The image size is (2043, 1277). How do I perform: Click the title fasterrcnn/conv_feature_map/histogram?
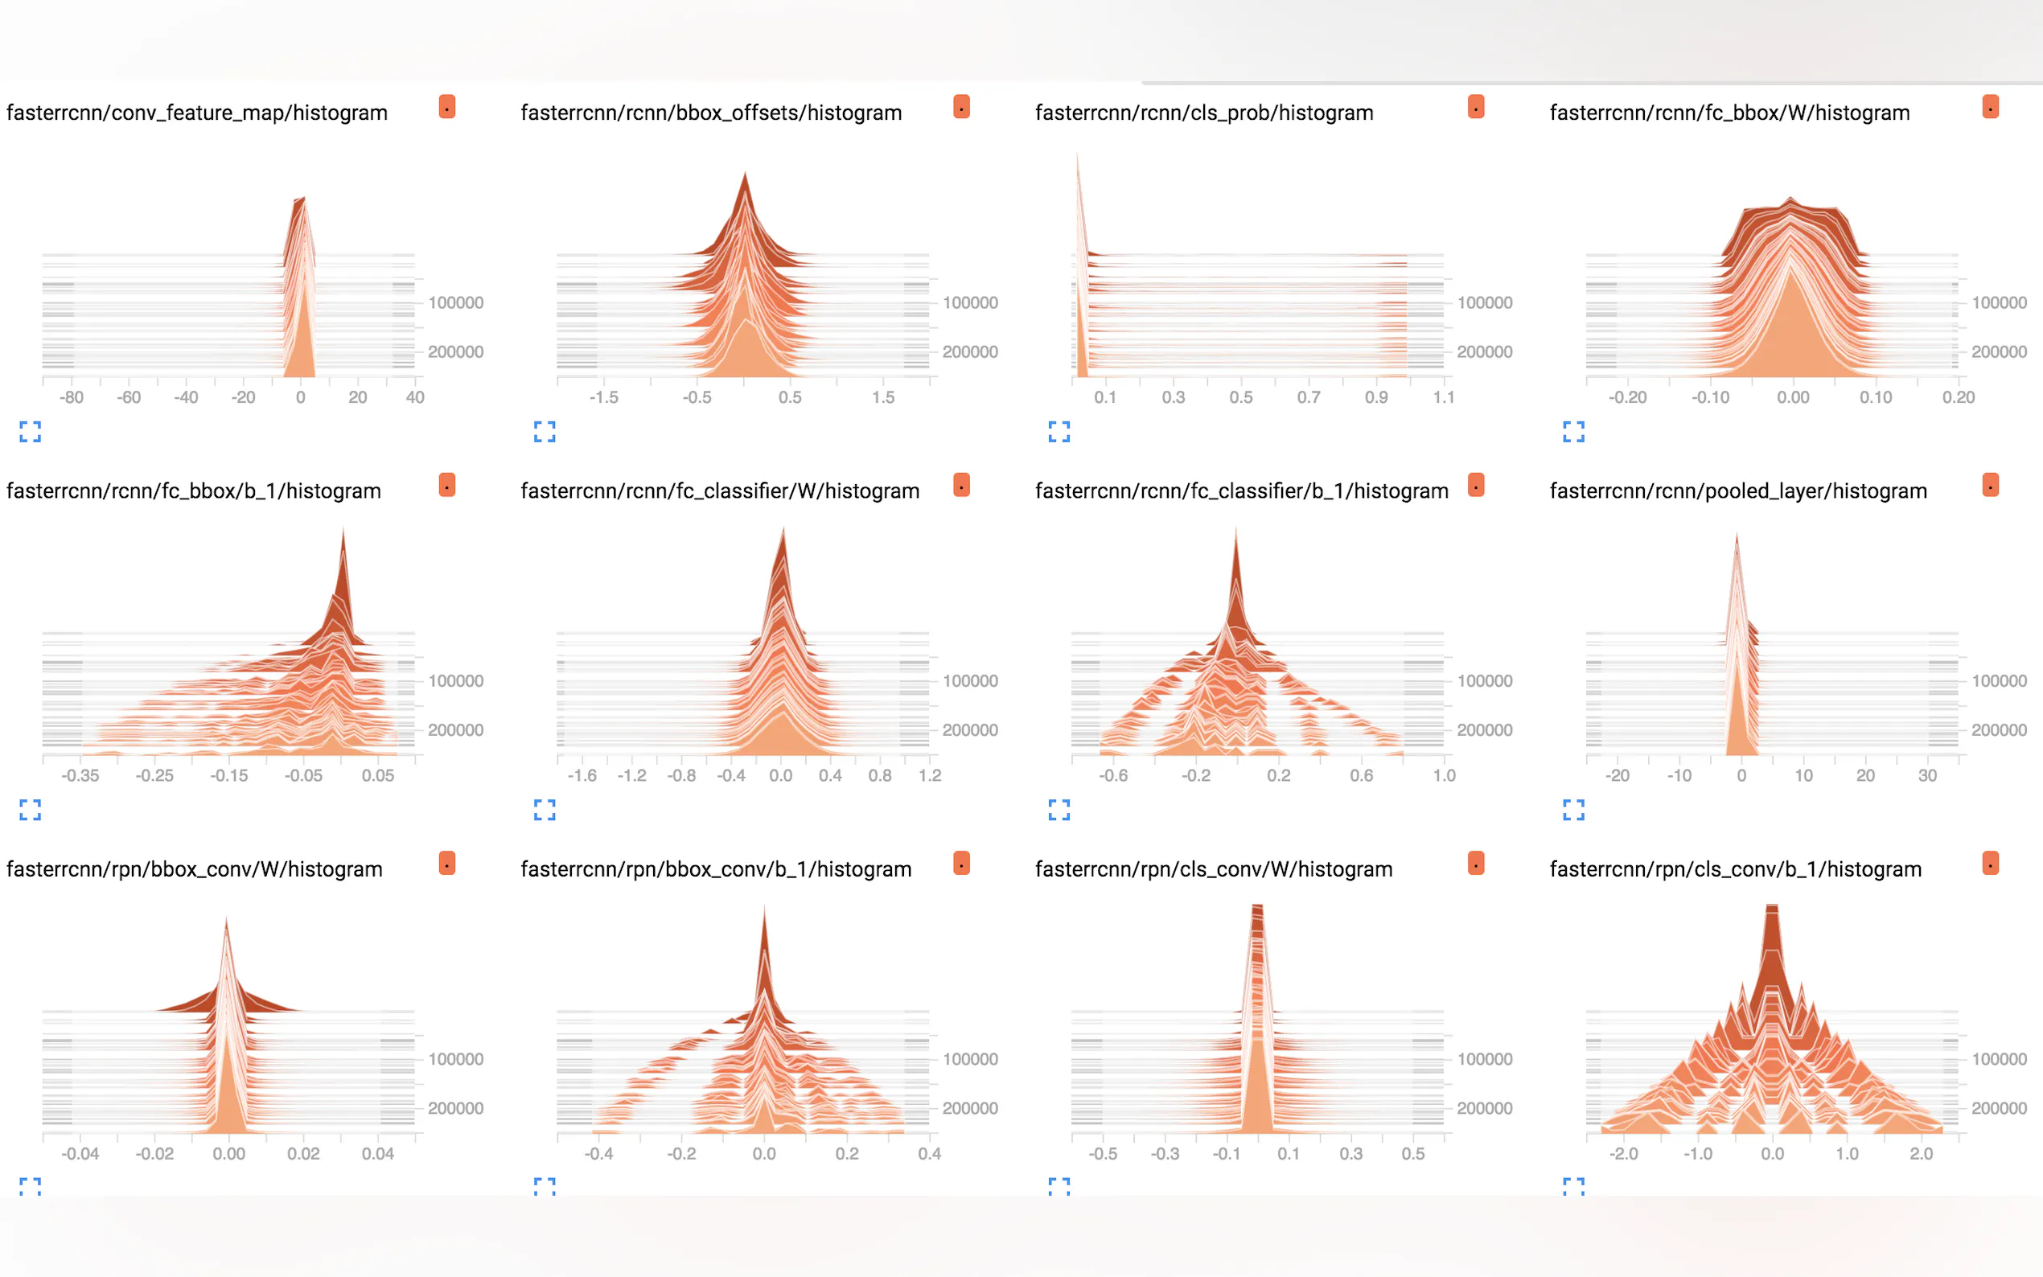point(197,113)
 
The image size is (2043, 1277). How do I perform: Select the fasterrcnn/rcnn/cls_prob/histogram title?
point(1203,113)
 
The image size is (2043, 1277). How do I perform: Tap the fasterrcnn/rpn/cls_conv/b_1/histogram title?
point(1735,869)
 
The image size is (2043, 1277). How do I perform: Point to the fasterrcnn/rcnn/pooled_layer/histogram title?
point(1737,491)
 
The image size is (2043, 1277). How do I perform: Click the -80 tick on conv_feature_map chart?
point(72,397)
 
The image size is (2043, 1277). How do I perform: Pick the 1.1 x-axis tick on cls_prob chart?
point(1443,397)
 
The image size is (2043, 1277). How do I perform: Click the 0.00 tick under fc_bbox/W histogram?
point(1792,397)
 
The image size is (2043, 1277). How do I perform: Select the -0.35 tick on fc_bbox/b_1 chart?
point(80,775)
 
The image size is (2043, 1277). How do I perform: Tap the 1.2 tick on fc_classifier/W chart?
point(929,775)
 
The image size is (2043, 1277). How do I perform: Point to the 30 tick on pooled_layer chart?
point(1926,775)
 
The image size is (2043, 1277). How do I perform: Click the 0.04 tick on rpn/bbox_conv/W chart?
point(377,1154)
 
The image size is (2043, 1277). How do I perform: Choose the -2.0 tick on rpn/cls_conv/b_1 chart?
point(1623,1154)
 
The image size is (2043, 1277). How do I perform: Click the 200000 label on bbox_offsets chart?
point(969,352)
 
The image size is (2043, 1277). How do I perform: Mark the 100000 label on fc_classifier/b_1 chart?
point(1484,681)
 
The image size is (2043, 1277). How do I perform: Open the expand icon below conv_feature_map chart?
point(31,432)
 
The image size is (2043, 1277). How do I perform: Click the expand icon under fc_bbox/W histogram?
point(1573,432)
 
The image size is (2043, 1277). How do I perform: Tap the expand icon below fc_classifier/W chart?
point(545,810)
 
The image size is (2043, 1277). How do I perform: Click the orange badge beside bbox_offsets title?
point(961,107)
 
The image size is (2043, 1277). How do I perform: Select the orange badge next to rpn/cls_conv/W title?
point(1475,863)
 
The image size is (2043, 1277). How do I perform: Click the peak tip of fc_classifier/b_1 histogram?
point(1235,531)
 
